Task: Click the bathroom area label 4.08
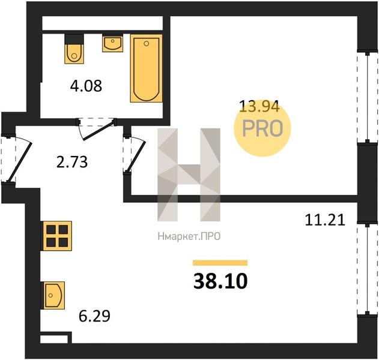pyautogui.click(x=86, y=86)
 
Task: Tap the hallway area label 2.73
pyautogui.click(x=72, y=162)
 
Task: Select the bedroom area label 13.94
pyautogui.click(x=259, y=106)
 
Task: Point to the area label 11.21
pyautogui.click(x=325, y=220)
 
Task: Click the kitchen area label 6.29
pyautogui.click(x=94, y=316)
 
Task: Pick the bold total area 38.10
pyautogui.click(x=220, y=281)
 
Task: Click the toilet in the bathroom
pyautogui.click(x=74, y=49)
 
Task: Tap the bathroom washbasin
pyautogui.click(x=113, y=43)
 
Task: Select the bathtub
pyautogui.click(x=146, y=68)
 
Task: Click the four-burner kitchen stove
pyautogui.click(x=57, y=236)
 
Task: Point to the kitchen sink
pyautogui.click(x=54, y=295)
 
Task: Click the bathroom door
pyautogui.click(x=97, y=128)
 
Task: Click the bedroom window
pyautogui.click(x=368, y=97)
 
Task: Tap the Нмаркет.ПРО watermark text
pyautogui.click(x=189, y=236)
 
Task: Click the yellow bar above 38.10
pyautogui.click(x=220, y=263)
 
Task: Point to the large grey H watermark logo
pyautogui.click(x=189, y=175)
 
